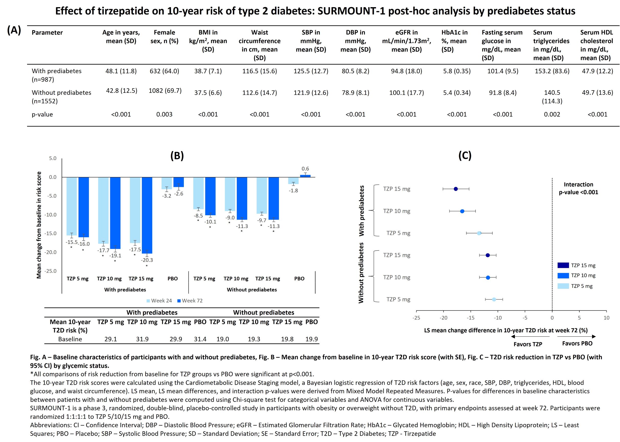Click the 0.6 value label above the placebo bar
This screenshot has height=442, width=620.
(x=305, y=169)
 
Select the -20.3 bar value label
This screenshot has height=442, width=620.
(x=147, y=260)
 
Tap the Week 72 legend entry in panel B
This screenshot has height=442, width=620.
(x=190, y=300)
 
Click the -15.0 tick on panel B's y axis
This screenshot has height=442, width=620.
(x=51, y=233)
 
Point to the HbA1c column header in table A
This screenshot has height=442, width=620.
(x=454, y=41)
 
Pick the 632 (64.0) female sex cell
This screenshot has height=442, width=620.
(x=164, y=71)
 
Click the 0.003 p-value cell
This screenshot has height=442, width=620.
(x=164, y=114)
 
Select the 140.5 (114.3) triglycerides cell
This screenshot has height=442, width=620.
(x=552, y=97)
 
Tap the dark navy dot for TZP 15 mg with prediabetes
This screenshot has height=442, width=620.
(x=456, y=189)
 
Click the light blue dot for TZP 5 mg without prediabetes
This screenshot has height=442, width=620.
(x=494, y=299)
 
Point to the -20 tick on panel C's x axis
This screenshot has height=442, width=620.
(x=443, y=318)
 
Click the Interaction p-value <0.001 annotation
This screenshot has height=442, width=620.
(x=578, y=188)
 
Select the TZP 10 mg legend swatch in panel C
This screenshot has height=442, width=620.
(x=563, y=275)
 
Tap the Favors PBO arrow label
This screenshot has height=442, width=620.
(x=577, y=344)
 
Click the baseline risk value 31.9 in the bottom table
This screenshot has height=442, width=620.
(x=142, y=339)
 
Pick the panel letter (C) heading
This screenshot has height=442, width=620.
(x=465, y=155)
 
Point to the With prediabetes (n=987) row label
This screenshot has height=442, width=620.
(x=57, y=75)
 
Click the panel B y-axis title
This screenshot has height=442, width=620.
(x=39, y=225)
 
